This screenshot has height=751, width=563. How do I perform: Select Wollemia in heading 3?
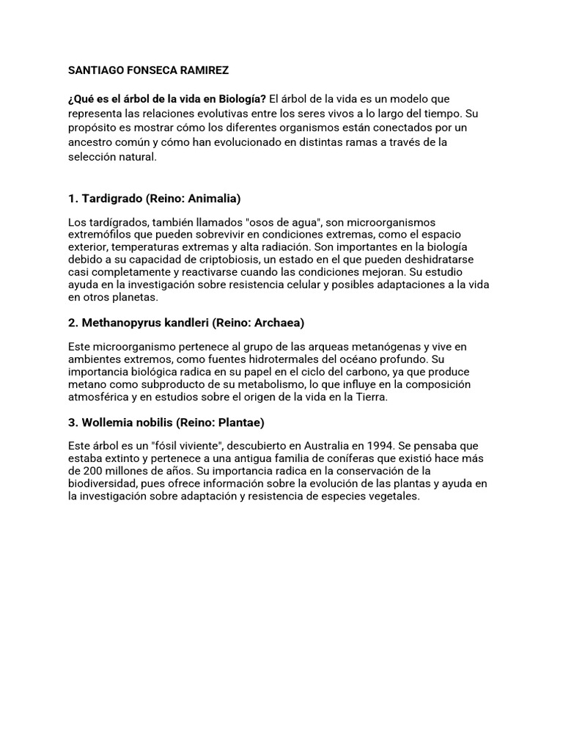(x=107, y=422)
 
